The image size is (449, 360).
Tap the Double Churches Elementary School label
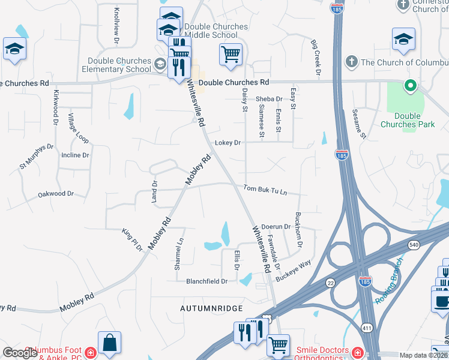pos(119,65)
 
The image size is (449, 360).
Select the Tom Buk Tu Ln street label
pos(265,189)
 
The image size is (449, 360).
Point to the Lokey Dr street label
pos(228,143)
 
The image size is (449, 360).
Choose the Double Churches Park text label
pos(407,120)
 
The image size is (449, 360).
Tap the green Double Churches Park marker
pos(411,86)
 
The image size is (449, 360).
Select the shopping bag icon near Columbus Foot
pos(109,343)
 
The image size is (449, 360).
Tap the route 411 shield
pos(367,327)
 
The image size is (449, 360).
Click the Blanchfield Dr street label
pos(207,281)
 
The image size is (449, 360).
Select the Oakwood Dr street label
pos(56,194)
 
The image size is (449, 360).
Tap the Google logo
pos(20,353)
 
